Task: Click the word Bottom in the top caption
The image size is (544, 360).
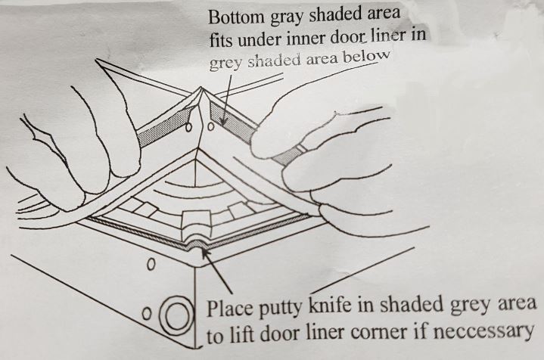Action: [236, 17]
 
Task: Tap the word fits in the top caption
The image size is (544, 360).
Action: [221, 40]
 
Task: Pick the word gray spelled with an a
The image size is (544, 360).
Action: [288, 17]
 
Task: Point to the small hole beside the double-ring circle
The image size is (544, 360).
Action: [147, 314]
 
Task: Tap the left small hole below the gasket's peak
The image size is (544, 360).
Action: [188, 128]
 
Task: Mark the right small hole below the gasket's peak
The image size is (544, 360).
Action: [210, 127]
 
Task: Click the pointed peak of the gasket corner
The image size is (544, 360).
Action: [201, 88]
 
